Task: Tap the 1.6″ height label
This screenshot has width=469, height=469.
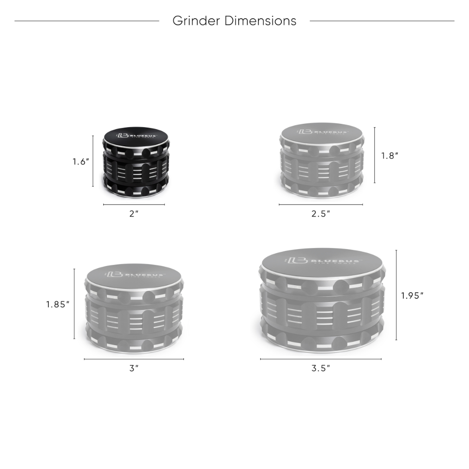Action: [81, 162]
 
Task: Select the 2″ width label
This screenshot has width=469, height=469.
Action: [134, 214]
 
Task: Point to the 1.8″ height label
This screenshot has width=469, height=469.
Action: [390, 156]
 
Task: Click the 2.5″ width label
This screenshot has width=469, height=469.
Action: [321, 214]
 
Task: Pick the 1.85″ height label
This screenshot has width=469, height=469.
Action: [58, 304]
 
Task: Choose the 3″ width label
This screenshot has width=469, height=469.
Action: [134, 369]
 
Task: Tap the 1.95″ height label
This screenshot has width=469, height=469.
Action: [412, 295]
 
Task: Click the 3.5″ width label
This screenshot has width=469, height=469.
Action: [321, 369]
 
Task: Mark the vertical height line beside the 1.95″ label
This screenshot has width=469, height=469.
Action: [397, 295]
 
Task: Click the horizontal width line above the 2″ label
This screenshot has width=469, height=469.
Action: [134, 204]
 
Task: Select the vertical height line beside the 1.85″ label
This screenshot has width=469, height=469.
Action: [75, 303]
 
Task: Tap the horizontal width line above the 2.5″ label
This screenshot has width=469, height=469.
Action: [321, 204]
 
